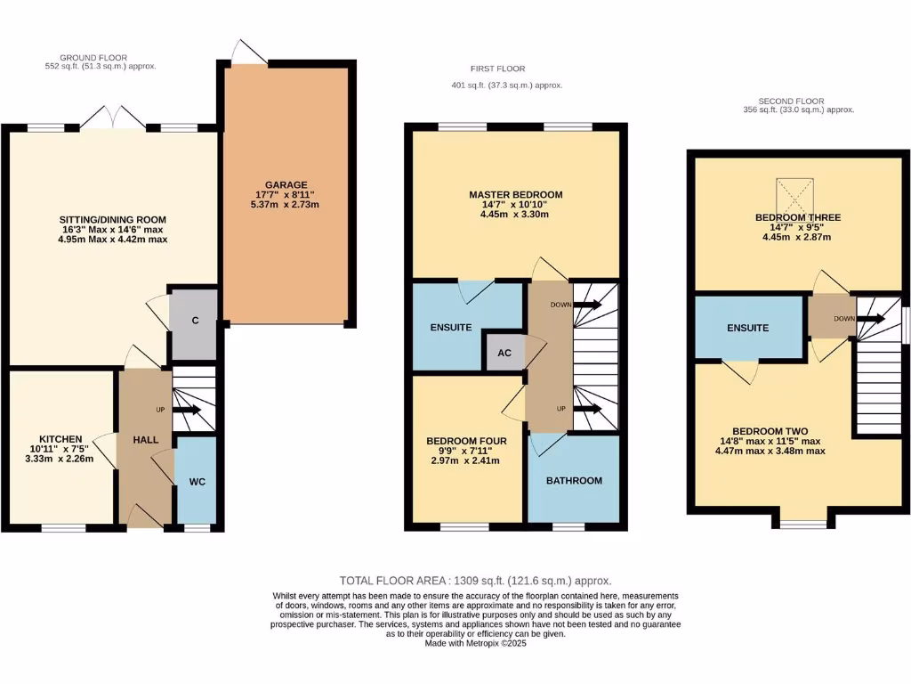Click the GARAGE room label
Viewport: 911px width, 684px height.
click(x=285, y=184)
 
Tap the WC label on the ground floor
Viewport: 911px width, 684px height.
click(x=197, y=482)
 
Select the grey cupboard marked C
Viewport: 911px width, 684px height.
click(x=194, y=324)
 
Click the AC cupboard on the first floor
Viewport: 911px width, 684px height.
click(x=504, y=352)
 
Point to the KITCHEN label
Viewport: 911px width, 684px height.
click(x=60, y=439)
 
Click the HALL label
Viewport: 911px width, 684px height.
click(x=145, y=440)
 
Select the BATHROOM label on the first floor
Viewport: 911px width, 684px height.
click(x=574, y=480)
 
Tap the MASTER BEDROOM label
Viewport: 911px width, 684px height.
click(x=516, y=194)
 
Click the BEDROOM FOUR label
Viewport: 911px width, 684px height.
click(x=466, y=441)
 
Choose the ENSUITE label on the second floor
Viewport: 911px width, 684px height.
click(x=747, y=328)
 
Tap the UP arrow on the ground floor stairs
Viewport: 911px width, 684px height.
click(x=188, y=411)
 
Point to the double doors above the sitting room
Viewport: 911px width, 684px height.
click(x=110, y=118)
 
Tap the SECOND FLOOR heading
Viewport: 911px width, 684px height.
click(x=791, y=101)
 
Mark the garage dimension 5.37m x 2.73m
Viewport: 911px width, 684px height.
click(x=285, y=204)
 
